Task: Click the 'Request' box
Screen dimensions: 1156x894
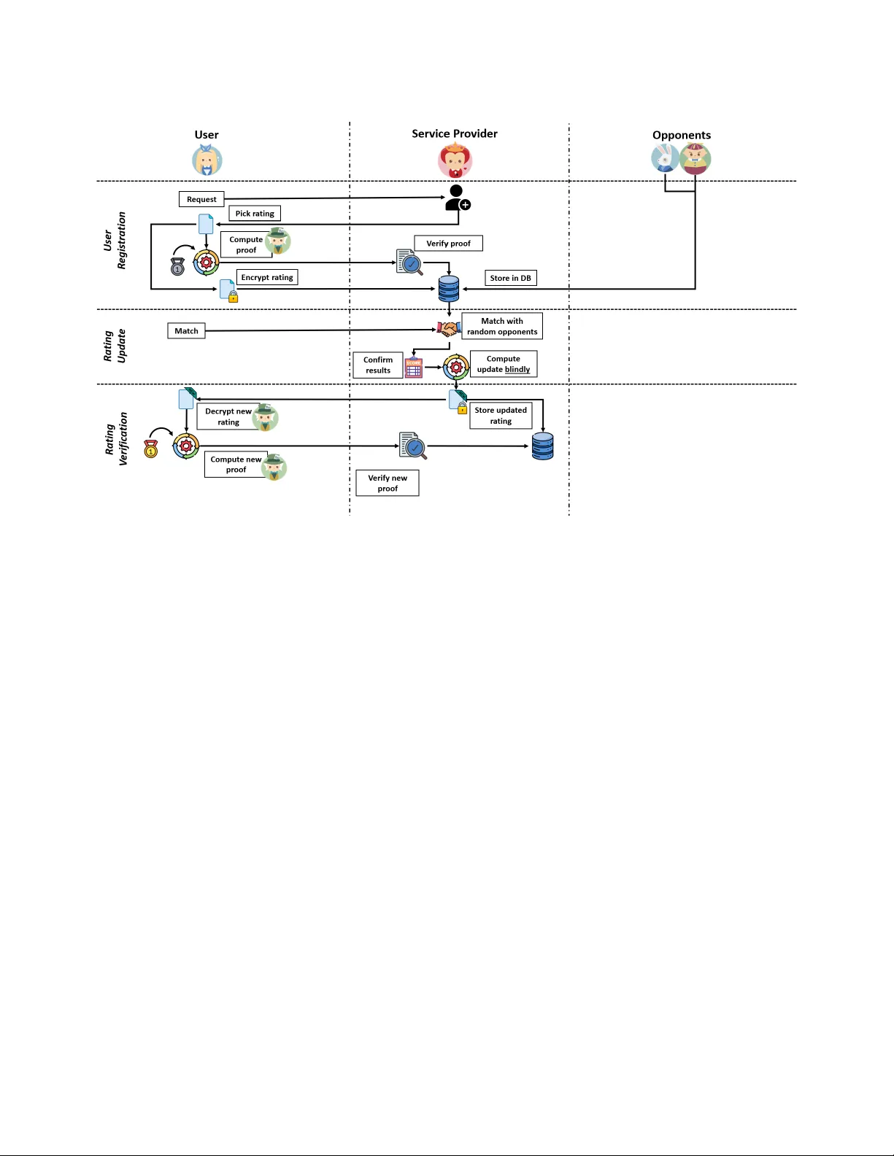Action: coord(201,199)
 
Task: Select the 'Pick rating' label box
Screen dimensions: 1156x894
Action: coord(255,214)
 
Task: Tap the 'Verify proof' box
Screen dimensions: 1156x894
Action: coord(448,244)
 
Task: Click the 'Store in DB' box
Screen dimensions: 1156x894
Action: coord(510,278)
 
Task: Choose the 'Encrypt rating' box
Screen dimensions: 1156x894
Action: coord(267,277)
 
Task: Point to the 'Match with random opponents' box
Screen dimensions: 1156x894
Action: coord(502,326)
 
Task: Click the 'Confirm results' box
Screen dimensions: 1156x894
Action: coord(378,365)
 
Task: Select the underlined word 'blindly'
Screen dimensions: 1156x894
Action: coord(517,370)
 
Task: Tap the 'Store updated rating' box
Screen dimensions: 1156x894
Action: coord(501,416)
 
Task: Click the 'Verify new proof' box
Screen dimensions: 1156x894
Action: coord(388,483)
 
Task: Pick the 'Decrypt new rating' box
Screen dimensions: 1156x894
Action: coord(228,416)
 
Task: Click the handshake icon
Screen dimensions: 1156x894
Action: coord(448,329)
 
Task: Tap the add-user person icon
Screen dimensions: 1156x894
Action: coord(458,198)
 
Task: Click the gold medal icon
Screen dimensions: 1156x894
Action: coord(151,448)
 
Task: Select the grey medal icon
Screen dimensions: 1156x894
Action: coord(177,267)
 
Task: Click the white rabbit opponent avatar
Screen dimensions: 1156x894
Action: coord(664,158)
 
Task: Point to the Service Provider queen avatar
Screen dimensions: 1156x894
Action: coord(455,160)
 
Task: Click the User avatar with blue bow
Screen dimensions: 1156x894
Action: coord(207,160)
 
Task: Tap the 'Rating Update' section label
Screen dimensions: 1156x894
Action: coord(115,346)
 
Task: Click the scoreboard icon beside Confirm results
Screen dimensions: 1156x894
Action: coord(414,368)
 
